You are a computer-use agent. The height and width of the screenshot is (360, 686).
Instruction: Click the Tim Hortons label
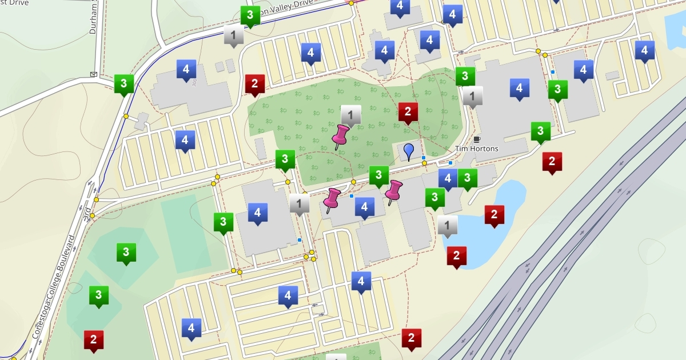[x=476, y=149]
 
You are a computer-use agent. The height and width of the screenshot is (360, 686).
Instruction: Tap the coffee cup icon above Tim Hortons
[x=477, y=139]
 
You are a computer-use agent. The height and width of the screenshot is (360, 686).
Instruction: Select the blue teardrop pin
[x=408, y=151]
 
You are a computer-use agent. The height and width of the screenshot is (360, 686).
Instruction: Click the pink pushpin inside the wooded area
[x=341, y=137]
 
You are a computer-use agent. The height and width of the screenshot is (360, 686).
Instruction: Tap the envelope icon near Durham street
[x=93, y=74]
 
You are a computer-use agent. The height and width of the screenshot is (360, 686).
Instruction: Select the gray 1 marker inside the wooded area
[x=351, y=115]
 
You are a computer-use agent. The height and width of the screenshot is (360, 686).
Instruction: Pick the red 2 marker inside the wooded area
[x=408, y=113]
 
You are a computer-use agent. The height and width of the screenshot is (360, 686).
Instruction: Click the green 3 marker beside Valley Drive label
[x=250, y=16]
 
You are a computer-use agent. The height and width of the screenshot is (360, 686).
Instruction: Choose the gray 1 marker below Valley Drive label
[x=233, y=35]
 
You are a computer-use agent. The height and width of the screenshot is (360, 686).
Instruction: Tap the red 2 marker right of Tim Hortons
[x=552, y=162]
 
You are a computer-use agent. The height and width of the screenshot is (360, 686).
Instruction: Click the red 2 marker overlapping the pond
[x=494, y=215]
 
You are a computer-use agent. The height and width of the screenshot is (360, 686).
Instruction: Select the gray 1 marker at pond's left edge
[x=448, y=226]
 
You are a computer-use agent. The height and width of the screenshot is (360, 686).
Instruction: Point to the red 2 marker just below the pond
[x=456, y=257]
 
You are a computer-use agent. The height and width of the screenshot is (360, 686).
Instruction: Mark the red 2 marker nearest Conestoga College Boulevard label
[x=93, y=340]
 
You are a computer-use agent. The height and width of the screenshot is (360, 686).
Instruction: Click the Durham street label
[x=94, y=17]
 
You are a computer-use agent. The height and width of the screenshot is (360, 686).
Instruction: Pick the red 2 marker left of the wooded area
[x=254, y=85]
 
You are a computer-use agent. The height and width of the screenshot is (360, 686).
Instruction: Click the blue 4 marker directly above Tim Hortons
[x=519, y=89]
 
